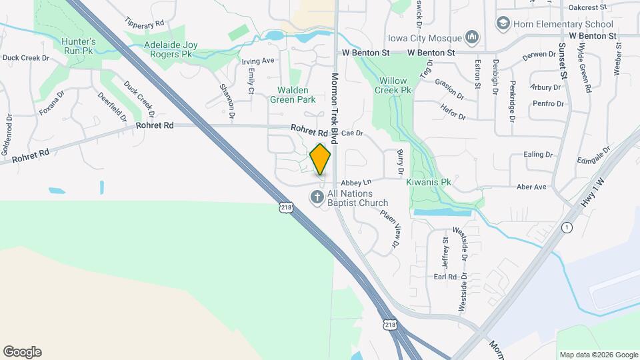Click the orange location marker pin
(x=321, y=159)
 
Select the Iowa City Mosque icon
(x=473, y=36)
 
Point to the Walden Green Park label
(x=292, y=95)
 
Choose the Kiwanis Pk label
(x=429, y=181)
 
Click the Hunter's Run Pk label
(x=79, y=45)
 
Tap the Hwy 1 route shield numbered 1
(x=567, y=227)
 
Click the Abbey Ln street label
(x=356, y=182)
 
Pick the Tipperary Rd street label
(x=144, y=23)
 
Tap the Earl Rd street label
(x=445, y=277)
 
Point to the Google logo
(x=22, y=352)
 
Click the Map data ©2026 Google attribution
(x=598, y=355)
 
